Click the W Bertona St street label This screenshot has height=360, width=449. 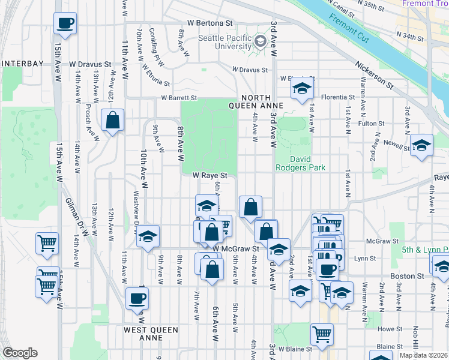tap(209, 22)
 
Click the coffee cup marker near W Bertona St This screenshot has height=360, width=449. tap(65, 24)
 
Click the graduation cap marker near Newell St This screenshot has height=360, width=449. tap(421, 145)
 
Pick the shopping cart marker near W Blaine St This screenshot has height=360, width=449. tap(322, 334)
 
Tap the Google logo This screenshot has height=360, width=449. tap(20, 353)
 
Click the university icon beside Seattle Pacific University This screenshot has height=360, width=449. tap(260, 41)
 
